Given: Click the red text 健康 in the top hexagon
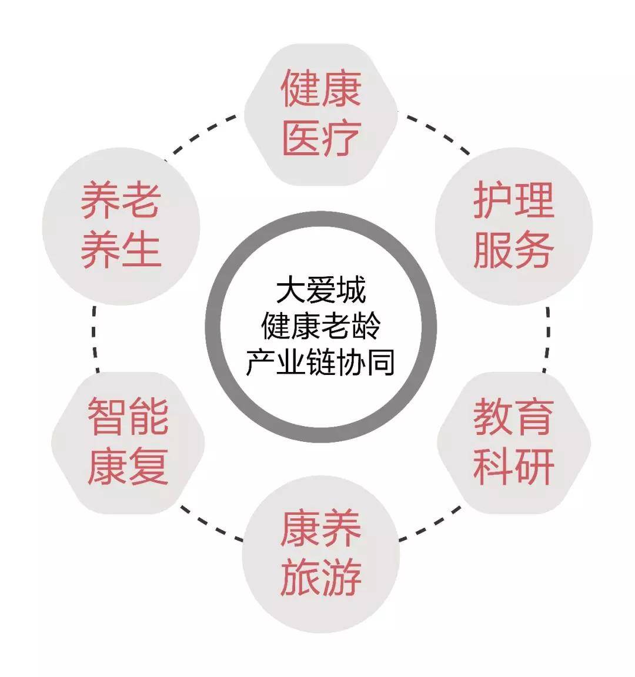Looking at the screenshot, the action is [321, 89].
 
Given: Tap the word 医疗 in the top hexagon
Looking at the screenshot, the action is [321, 138].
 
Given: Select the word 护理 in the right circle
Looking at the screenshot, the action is [514, 200].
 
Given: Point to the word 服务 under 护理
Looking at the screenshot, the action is [514, 250].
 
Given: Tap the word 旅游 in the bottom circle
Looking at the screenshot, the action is [321, 577].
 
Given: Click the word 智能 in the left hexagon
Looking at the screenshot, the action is [128, 416].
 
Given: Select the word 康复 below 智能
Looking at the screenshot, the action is [128, 466].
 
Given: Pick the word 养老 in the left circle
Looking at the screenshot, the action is [121, 200].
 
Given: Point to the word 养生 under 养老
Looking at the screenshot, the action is [121, 250].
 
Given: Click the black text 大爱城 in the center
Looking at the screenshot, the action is [321, 290].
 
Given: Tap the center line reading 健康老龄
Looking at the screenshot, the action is [321, 326].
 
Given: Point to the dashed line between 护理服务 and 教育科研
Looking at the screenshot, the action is [547, 339].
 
